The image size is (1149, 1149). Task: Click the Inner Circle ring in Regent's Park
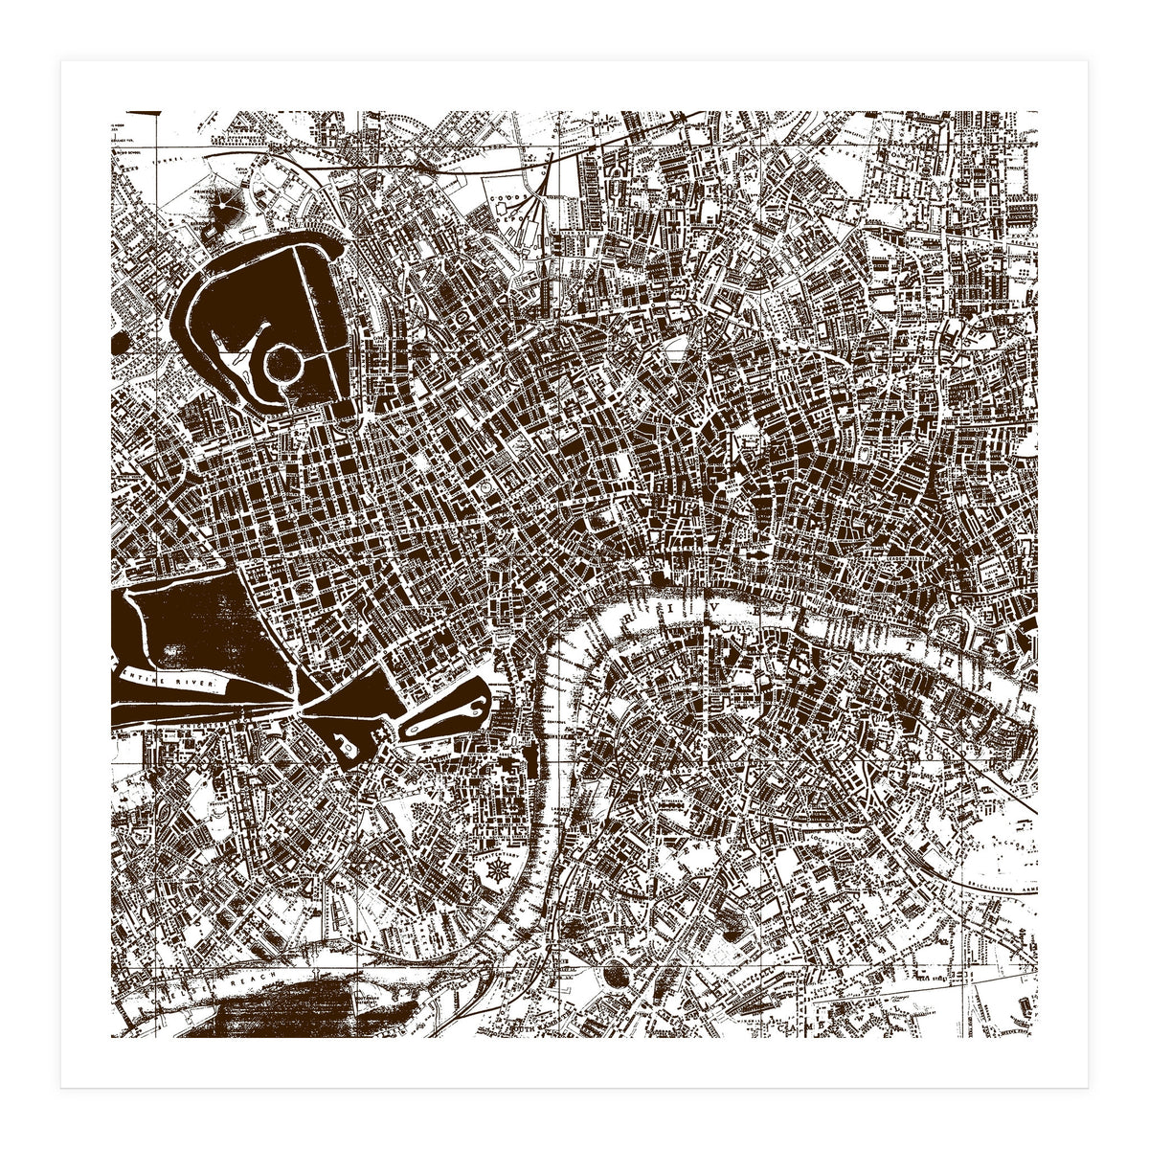click(284, 365)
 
